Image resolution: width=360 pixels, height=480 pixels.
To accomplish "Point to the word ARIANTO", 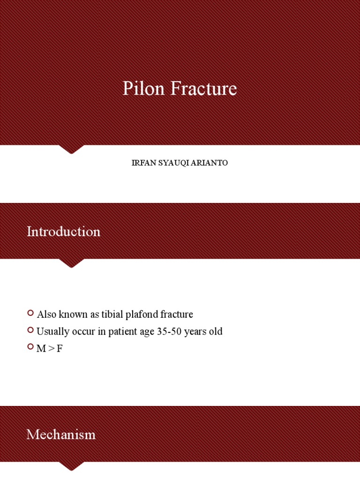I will (210, 163).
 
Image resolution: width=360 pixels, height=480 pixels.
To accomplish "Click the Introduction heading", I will (63, 232).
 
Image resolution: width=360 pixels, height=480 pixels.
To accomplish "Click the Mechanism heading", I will (61, 435).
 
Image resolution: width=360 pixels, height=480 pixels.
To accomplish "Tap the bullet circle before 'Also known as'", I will (30, 313).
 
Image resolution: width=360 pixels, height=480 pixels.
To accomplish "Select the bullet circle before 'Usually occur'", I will (30, 330).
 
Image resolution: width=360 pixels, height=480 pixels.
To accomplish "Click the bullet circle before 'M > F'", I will (30, 348).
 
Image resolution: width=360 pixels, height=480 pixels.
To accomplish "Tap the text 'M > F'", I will (50, 349).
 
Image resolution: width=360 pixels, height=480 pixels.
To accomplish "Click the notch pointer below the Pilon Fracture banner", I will (71, 149).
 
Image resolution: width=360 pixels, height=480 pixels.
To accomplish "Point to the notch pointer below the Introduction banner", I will (71, 263).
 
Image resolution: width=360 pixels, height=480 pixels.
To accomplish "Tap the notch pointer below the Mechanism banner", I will (71, 466).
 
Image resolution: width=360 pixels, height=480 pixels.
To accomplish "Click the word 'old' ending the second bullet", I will (215, 332).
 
